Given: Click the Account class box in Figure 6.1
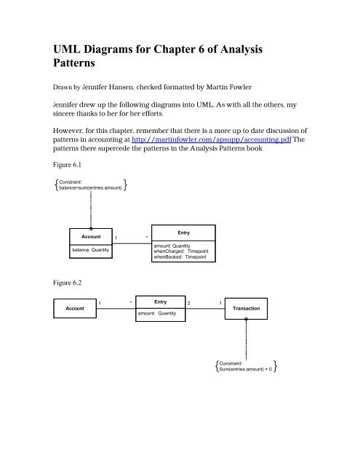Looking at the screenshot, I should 90,248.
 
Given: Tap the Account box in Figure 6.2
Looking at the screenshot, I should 75,308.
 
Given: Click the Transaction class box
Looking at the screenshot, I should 246,308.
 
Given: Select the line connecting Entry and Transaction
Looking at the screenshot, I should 204,308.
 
